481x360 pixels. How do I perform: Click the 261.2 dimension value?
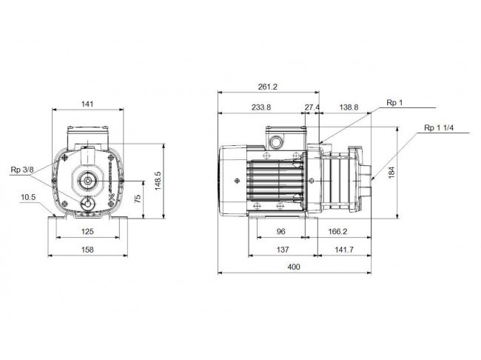(267, 87)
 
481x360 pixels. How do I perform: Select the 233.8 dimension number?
(261, 107)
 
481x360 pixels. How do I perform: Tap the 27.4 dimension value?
(312, 107)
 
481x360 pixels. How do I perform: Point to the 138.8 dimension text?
(349, 107)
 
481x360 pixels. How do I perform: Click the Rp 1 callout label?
(394, 103)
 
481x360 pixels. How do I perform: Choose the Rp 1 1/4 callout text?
(439, 127)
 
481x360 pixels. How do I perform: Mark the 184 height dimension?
(391, 173)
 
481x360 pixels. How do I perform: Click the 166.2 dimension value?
(337, 231)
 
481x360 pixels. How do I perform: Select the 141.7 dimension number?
(344, 250)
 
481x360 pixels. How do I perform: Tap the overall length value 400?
(294, 267)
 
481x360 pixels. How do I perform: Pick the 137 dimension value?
(283, 250)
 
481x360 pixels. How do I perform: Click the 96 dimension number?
(281, 231)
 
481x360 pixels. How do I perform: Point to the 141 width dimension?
(87, 104)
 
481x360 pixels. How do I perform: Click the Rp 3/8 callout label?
(22, 170)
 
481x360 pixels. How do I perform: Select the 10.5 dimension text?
(28, 197)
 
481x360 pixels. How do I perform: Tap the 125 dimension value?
(87, 231)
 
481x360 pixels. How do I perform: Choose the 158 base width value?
(87, 250)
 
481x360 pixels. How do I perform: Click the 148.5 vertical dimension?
(158, 181)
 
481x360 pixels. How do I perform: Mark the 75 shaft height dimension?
(138, 199)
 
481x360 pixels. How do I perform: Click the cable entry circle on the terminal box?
(275, 142)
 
